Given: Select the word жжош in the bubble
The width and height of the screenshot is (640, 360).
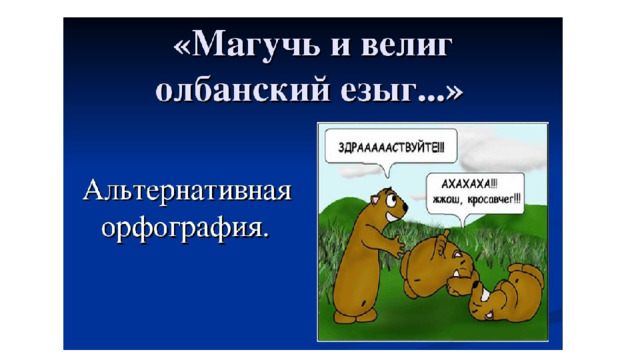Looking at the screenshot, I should pos(449,200).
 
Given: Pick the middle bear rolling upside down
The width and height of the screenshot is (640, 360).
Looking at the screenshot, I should pos(440,265).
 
